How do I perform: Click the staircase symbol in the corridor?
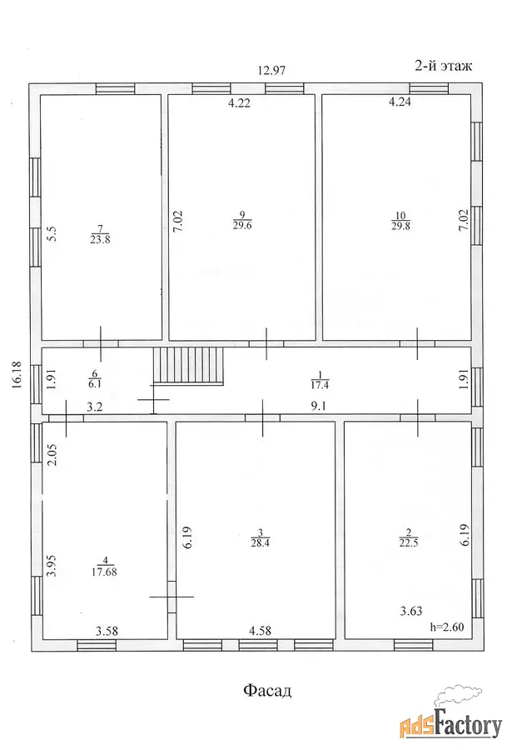click(188, 366)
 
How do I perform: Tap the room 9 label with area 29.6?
click(242, 221)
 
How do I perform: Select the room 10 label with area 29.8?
click(400, 221)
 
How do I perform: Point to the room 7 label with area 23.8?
click(100, 234)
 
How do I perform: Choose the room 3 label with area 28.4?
click(260, 537)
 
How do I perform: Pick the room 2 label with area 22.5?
click(409, 537)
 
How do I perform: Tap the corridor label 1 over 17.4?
click(321, 379)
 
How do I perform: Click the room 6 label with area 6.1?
click(95, 379)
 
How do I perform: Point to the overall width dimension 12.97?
click(271, 71)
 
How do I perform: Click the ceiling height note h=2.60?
click(447, 627)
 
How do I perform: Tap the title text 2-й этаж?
click(443, 66)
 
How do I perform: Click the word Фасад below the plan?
click(267, 690)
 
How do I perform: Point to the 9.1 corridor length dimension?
click(320, 407)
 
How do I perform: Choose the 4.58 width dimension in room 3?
click(260, 631)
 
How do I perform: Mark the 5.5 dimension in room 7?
click(53, 233)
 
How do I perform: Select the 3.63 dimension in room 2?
click(411, 611)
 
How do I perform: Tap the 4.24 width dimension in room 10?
click(400, 102)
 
